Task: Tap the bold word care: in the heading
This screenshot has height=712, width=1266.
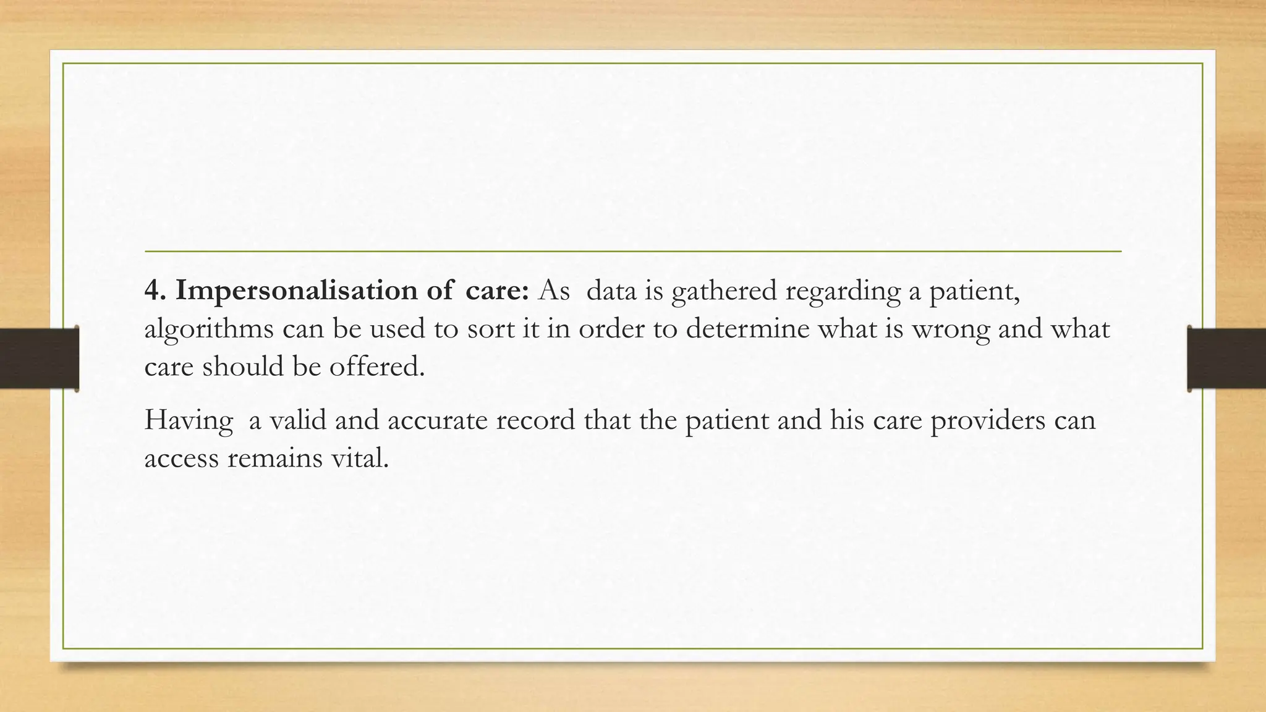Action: point(497,290)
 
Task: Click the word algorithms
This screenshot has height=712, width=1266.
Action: point(209,329)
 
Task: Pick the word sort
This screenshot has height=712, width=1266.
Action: point(492,329)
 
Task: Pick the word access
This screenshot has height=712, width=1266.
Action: point(181,459)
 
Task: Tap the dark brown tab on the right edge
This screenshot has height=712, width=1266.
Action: point(1226,358)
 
